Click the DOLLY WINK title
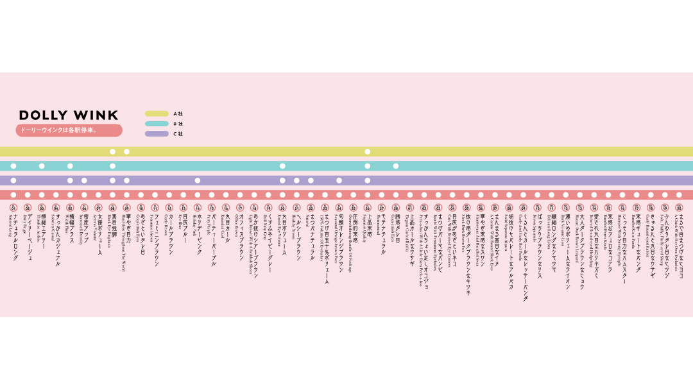pyautogui.click(x=69, y=115)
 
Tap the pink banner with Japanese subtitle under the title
pyautogui.click(x=69, y=130)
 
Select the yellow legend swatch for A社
pyautogui.click(x=157, y=114)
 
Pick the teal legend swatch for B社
pyautogui.click(x=157, y=124)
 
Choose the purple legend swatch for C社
pyautogui.click(x=157, y=134)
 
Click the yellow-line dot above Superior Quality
pyautogui.click(x=368, y=152)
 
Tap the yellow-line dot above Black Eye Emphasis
pyautogui.click(x=112, y=152)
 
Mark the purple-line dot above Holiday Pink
pyautogui.click(x=198, y=181)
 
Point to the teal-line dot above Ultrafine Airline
pyautogui.click(x=42, y=166)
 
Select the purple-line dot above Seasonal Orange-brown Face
pyautogui.click(x=339, y=181)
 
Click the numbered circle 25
pyautogui.click(x=353, y=208)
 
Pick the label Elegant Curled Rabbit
pyautogui.click(x=409, y=235)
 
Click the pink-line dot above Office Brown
pyautogui.click(x=240, y=195)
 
